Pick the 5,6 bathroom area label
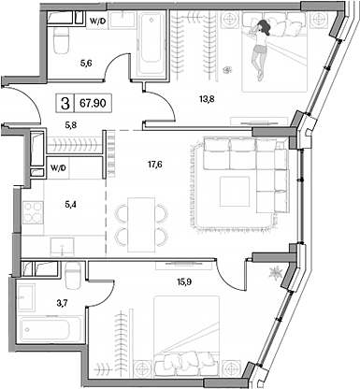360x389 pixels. click(x=85, y=63)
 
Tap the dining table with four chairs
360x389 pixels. click(x=137, y=223)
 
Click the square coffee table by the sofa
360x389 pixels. click(x=236, y=193)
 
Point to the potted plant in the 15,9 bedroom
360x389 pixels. click(x=275, y=271)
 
